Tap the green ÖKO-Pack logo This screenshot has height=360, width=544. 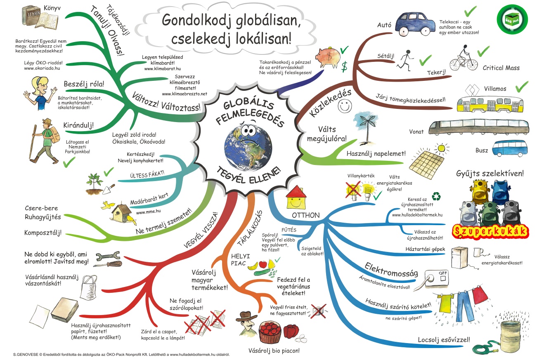(x=513, y=19)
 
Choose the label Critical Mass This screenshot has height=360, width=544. (x=501, y=68)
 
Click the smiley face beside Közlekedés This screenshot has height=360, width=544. (x=343, y=106)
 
